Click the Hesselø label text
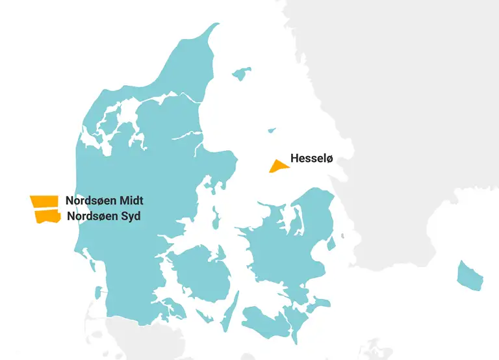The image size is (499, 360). click(311, 158)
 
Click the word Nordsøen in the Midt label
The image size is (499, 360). click(90, 201)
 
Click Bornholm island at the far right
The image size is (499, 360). click(470, 276)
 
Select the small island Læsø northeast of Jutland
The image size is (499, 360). click(242, 73)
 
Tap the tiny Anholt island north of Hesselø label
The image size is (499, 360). click(272, 130)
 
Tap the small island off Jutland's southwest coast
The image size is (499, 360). click(98, 293)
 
